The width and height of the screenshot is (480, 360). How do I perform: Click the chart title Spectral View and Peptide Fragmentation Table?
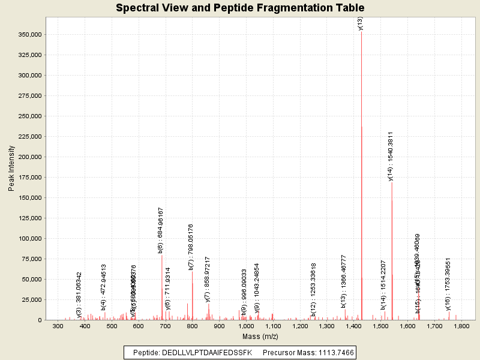pos(240,8)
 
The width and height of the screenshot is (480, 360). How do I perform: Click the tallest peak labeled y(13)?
pos(361,120)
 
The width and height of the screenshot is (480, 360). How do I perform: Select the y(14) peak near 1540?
pos(392,240)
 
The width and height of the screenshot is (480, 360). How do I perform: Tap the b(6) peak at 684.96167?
pos(162,282)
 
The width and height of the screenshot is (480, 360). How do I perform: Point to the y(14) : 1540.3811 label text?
pos(391,155)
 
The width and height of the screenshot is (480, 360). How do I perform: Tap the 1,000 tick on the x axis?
pos(246,326)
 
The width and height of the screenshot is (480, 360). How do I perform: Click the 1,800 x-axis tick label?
pos(461,326)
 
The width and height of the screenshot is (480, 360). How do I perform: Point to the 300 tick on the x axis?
pos(58,326)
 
